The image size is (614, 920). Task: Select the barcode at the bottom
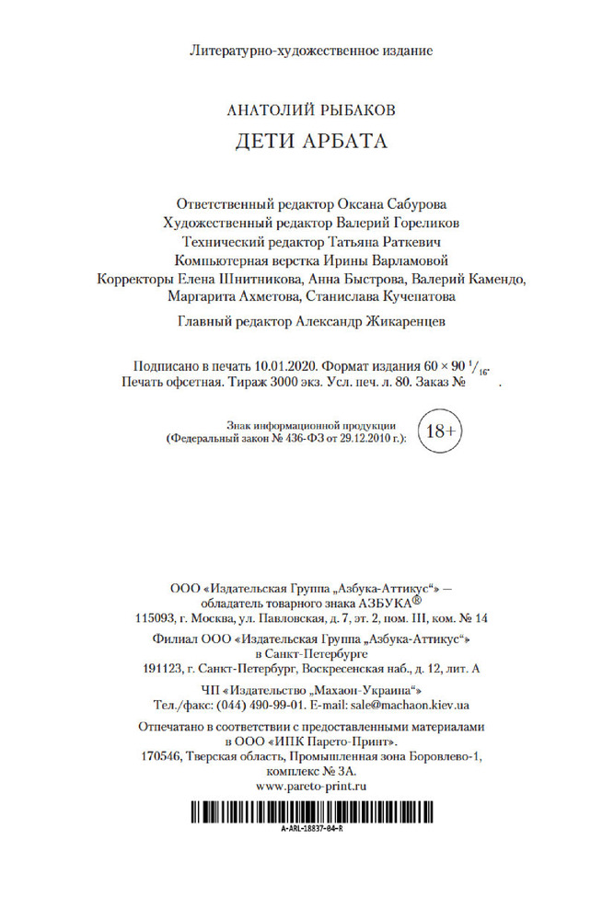click(312, 811)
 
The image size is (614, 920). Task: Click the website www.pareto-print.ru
click(312, 787)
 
